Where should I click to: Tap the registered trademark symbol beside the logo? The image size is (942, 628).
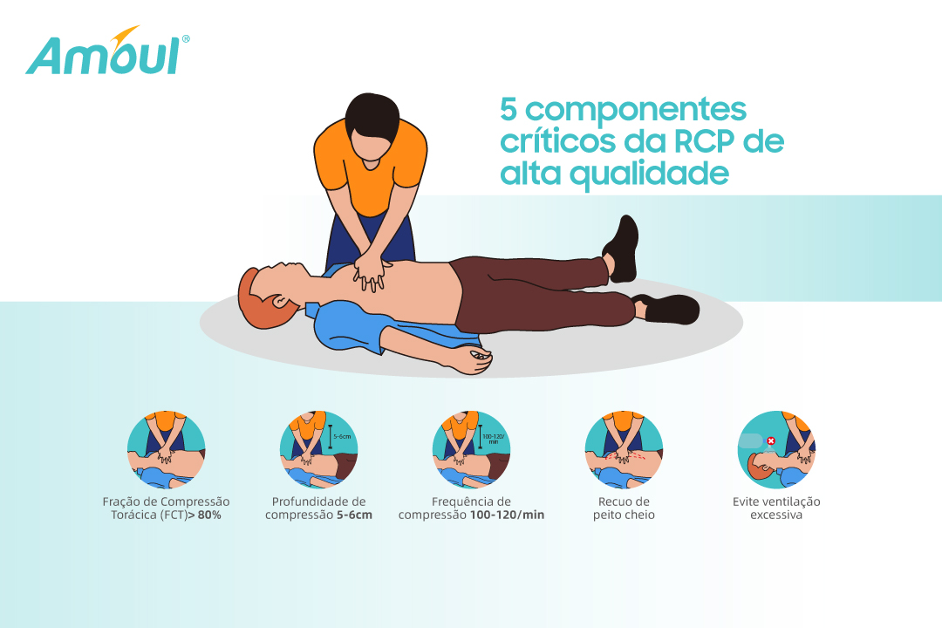click(186, 38)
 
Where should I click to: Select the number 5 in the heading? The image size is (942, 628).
click(509, 109)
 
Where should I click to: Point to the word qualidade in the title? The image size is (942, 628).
click(649, 174)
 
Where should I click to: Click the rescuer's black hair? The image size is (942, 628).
click(372, 115)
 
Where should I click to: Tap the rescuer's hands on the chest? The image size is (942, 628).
click(371, 271)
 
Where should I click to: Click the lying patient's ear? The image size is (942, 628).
click(280, 300)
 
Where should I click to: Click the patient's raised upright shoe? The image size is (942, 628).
click(623, 249)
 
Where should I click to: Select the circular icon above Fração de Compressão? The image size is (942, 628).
click(167, 449)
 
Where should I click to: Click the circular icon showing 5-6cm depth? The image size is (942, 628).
click(319, 449)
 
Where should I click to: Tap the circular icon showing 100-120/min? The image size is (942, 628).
click(472, 449)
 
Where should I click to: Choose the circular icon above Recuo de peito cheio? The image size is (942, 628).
click(625, 449)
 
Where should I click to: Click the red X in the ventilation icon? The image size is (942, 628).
click(771, 441)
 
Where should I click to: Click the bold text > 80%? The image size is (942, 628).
click(204, 515)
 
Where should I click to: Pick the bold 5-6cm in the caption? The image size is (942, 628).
click(354, 515)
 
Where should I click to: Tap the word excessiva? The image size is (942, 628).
click(776, 515)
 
